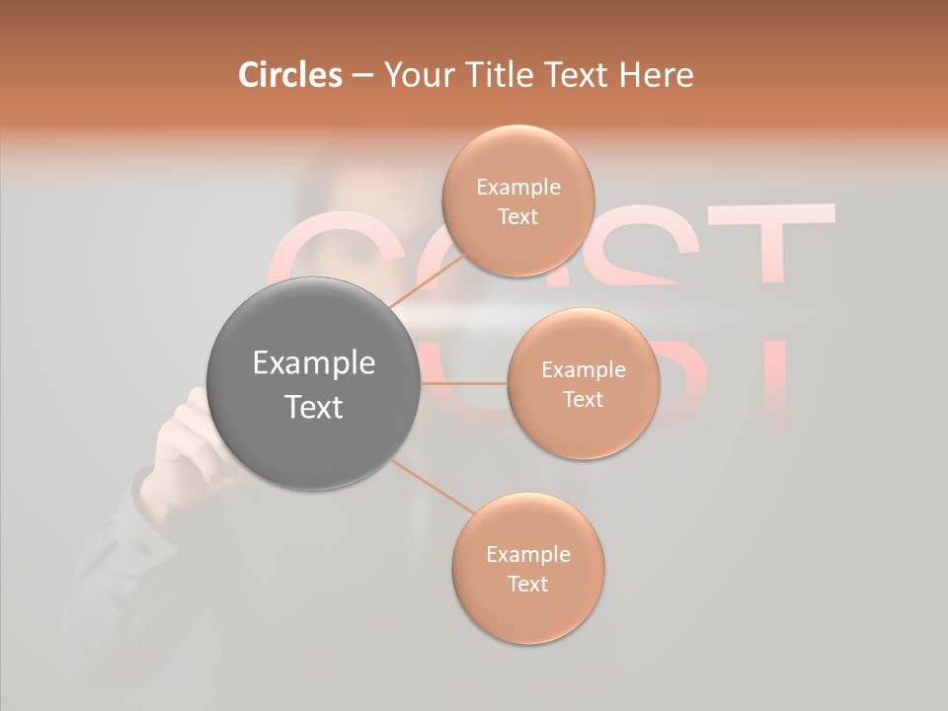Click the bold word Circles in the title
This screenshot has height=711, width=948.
[289, 75]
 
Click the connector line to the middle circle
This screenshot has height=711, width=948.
[464, 383]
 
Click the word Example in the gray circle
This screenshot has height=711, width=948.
[314, 363]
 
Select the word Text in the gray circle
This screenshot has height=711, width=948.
[314, 407]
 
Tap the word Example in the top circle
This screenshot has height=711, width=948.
[517, 188]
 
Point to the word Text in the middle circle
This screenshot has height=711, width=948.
[583, 399]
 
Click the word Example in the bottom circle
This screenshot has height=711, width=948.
[528, 555]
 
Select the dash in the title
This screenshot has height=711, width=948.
[362, 75]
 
